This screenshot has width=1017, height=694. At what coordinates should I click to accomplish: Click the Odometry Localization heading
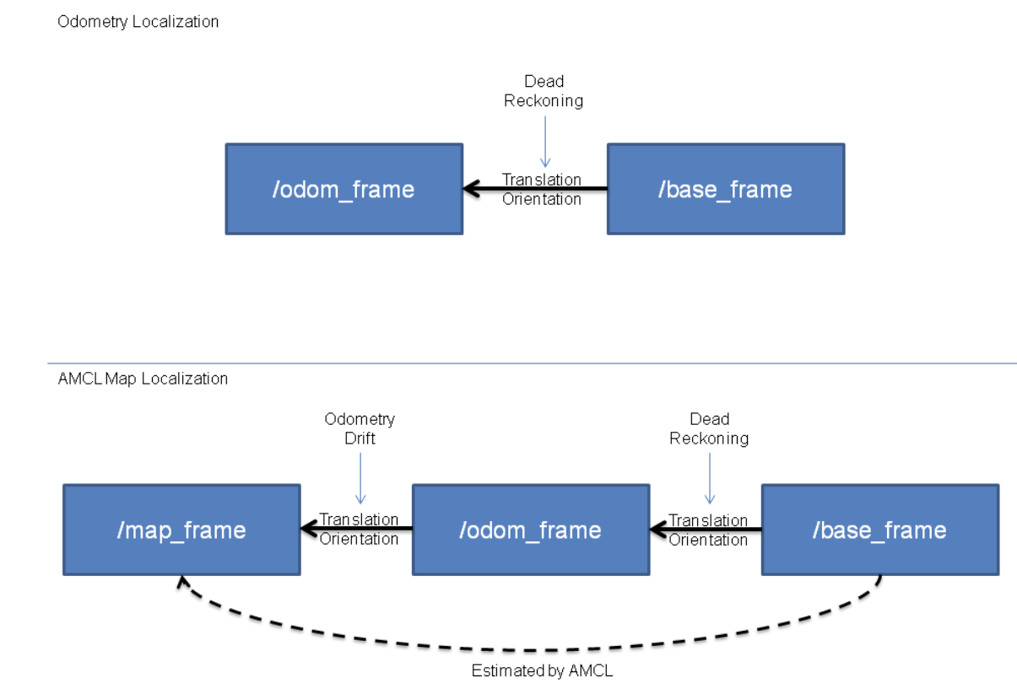tap(138, 22)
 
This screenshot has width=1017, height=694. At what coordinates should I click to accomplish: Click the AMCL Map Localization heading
tap(143, 379)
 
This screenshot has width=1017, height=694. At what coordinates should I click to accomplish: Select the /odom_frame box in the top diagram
tap(344, 189)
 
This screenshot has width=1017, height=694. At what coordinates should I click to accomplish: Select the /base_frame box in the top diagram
tap(726, 189)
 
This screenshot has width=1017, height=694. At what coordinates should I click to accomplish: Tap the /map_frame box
tap(181, 530)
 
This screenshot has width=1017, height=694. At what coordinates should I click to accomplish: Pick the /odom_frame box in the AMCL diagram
tap(531, 530)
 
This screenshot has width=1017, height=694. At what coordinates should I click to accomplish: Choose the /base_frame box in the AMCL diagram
tap(880, 530)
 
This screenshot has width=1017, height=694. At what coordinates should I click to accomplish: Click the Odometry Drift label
tap(360, 428)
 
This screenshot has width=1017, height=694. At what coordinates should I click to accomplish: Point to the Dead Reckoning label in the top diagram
tap(544, 91)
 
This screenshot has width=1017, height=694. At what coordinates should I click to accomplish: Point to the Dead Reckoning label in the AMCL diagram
tap(709, 428)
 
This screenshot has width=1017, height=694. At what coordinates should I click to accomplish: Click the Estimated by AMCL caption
tap(542, 670)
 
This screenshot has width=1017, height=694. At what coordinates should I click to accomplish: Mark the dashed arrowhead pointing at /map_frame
tap(183, 583)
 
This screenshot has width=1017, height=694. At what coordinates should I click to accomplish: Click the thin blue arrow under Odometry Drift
tap(360, 478)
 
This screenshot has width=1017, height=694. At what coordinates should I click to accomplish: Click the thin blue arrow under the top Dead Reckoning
tap(545, 142)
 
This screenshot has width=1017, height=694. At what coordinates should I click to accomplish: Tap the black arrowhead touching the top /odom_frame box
tap(471, 189)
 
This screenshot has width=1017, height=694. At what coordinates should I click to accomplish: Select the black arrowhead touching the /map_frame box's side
tap(309, 529)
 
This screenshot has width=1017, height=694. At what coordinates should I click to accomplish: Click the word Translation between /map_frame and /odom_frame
tap(359, 519)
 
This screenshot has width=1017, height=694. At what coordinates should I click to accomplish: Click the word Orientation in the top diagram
tap(542, 199)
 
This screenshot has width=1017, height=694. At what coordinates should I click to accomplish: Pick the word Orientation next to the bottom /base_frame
tap(708, 540)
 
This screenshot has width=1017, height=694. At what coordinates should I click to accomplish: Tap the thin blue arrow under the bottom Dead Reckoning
tap(710, 478)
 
